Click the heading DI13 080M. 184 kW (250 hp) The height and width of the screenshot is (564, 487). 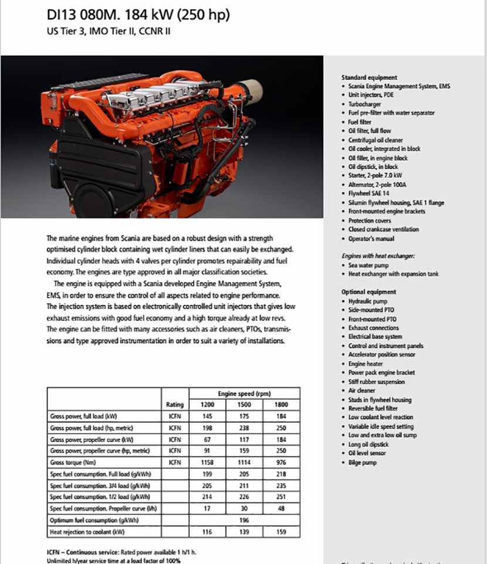(x=138, y=15)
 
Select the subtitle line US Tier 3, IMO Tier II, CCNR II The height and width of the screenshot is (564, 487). (x=109, y=31)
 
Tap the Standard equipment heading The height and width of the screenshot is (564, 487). (x=369, y=77)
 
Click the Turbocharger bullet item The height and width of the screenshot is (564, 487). (x=365, y=104)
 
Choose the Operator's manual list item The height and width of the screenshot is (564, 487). (x=371, y=239)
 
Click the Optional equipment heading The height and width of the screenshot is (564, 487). (x=368, y=292)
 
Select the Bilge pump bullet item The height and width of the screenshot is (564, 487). (x=363, y=463)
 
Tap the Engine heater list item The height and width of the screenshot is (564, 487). (x=366, y=363)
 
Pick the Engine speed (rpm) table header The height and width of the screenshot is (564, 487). (x=245, y=393)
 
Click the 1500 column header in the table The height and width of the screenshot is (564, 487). (x=245, y=405)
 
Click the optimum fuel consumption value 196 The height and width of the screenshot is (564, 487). (x=245, y=520)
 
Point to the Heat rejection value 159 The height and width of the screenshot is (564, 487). (x=281, y=532)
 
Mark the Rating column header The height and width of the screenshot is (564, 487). (x=175, y=405)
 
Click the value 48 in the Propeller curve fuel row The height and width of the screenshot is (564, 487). (x=281, y=508)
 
